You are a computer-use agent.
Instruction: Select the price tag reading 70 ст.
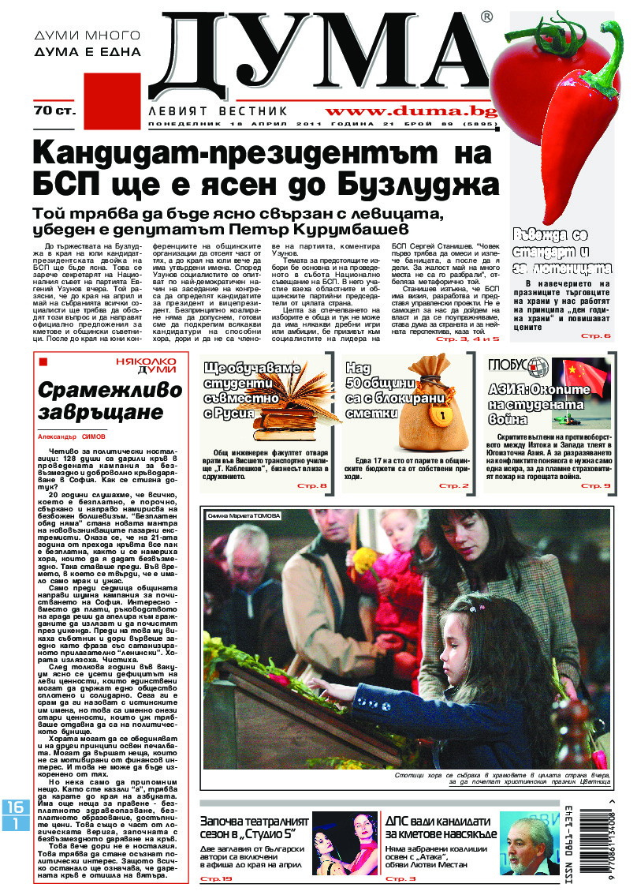click(54, 111)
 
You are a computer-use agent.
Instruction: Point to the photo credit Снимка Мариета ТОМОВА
click(244, 515)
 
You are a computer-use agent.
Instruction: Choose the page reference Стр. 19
click(216, 878)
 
